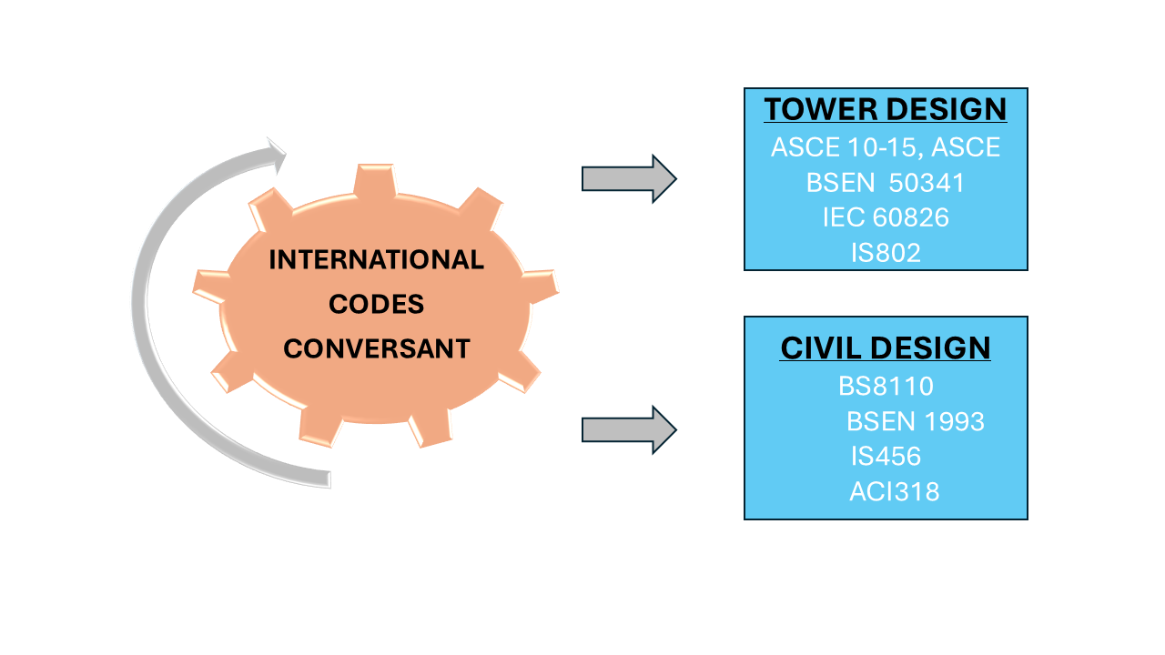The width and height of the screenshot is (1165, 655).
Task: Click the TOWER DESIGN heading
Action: coord(886,110)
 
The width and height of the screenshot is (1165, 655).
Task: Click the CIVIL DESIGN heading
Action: coord(886,348)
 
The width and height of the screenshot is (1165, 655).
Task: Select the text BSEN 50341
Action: coord(886,183)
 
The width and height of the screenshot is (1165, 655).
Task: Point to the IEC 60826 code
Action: coord(886,218)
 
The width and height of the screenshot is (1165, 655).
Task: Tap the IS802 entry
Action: coord(886,253)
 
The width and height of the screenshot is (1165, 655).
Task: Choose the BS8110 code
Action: coord(886,387)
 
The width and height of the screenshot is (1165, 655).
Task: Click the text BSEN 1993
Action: coord(916,422)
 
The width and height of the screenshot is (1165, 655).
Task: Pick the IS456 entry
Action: coord(886,457)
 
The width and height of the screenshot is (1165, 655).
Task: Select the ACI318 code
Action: coord(894,492)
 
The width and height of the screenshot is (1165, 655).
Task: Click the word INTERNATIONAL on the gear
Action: coord(376,260)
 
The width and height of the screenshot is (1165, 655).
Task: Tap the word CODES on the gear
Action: coord(376,304)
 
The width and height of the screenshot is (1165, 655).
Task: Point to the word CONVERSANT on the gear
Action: coord(376,348)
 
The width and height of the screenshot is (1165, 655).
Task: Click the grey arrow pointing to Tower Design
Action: coord(628,178)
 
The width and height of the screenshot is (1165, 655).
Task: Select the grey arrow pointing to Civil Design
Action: coord(628,429)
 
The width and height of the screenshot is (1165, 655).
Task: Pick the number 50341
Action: coord(927,183)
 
